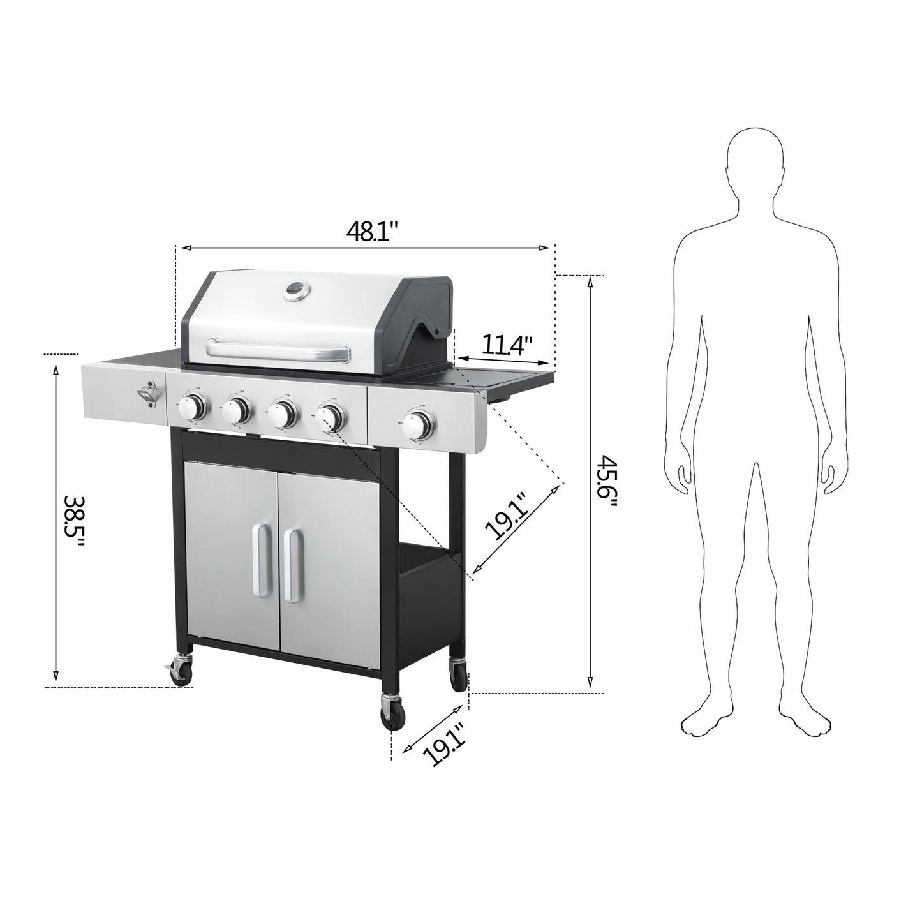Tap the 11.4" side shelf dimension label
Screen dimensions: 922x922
pos(507,346)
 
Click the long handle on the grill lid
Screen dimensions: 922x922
pos(279,348)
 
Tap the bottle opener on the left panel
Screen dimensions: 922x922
pos(148,395)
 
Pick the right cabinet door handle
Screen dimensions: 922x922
pos(294,565)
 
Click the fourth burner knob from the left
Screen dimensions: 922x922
pos(331,417)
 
